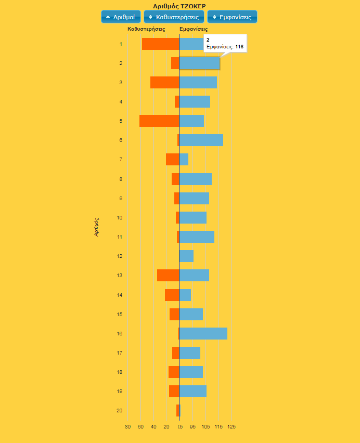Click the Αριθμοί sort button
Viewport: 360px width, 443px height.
coord(121,17)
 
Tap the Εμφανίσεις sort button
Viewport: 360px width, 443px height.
coord(232,17)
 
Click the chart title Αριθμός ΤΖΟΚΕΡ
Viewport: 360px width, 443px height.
coord(179,6)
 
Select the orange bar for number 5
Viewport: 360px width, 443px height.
coord(159,121)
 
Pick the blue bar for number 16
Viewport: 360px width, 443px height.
coord(203,333)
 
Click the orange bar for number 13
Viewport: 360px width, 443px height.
coord(168,276)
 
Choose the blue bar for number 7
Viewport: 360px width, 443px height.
coord(184,159)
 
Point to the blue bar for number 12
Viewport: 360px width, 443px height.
coord(186,256)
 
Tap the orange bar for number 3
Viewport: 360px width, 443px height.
coord(164,82)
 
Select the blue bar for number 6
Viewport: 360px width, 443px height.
coord(201,140)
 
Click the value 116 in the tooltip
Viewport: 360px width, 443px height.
coord(239,47)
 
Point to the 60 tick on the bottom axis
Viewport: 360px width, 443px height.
coord(140,427)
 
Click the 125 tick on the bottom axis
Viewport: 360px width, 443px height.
coord(232,427)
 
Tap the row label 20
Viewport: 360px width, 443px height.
coord(120,411)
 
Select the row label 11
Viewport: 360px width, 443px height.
coord(120,237)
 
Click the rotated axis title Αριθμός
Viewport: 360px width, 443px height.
coord(97,227)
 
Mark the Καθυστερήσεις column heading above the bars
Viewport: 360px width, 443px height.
coord(146,29)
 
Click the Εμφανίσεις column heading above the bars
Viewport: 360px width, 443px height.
coord(194,29)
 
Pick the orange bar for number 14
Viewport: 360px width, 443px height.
coord(172,295)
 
